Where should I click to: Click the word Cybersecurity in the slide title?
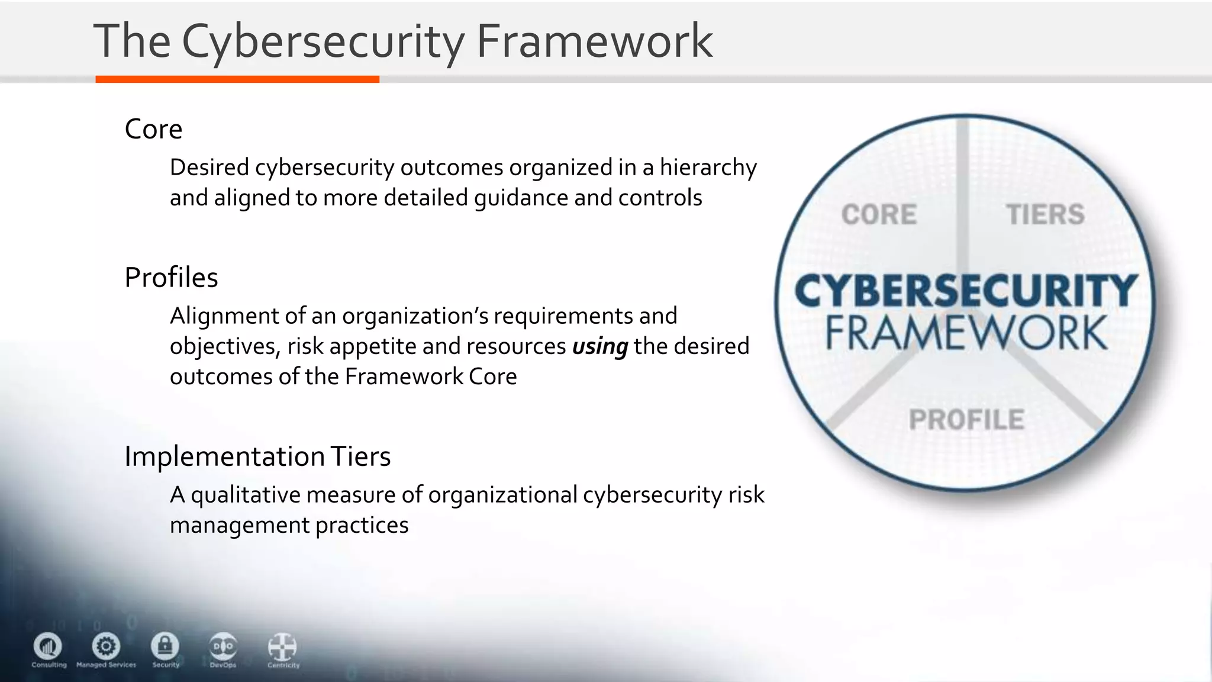click(323, 41)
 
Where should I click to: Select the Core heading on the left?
click(153, 129)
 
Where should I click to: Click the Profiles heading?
click(171, 278)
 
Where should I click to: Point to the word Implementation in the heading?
click(224, 457)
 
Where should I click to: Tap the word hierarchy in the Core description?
click(708, 168)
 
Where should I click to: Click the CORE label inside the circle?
click(879, 214)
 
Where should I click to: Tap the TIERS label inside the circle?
click(1045, 214)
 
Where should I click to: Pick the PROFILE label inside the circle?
click(966, 420)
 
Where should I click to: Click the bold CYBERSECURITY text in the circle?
click(965, 291)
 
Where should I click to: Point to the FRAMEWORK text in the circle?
click(966, 333)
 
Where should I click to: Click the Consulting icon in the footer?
click(48, 646)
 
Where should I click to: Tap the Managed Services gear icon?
click(107, 646)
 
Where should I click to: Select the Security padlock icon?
click(165, 646)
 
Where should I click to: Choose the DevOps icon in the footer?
click(223, 646)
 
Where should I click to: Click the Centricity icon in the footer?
click(282, 647)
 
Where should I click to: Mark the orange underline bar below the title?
click(237, 79)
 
